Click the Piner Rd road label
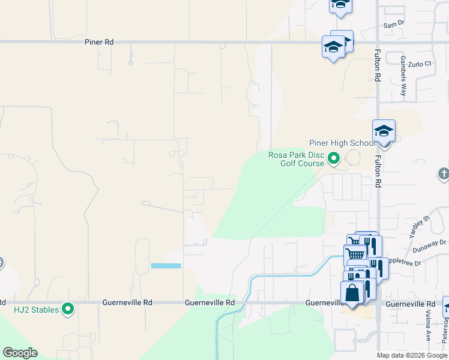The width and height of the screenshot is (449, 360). click(x=99, y=42)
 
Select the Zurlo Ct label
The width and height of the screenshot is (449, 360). click(x=420, y=64)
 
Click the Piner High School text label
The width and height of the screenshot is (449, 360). click(x=342, y=143)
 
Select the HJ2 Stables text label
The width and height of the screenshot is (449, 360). click(x=36, y=310)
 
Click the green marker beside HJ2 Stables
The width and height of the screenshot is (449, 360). click(x=68, y=310)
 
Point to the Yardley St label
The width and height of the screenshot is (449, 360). click(x=420, y=227)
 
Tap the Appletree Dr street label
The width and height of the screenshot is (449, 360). click(x=405, y=262)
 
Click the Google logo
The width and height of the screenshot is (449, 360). click(x=20, y=353)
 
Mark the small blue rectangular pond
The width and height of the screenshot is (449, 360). click(x=166, y=265)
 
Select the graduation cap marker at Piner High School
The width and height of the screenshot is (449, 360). click(x=384, y=131)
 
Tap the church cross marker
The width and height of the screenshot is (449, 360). click(x=443, y=174)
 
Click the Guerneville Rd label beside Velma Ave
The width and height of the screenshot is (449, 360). click(x=410, y=304)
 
